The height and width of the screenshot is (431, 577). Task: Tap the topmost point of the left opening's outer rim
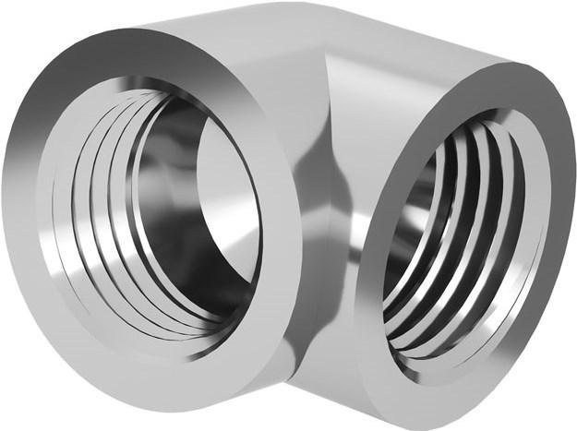pyautogui.click(x=138, y=28)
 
